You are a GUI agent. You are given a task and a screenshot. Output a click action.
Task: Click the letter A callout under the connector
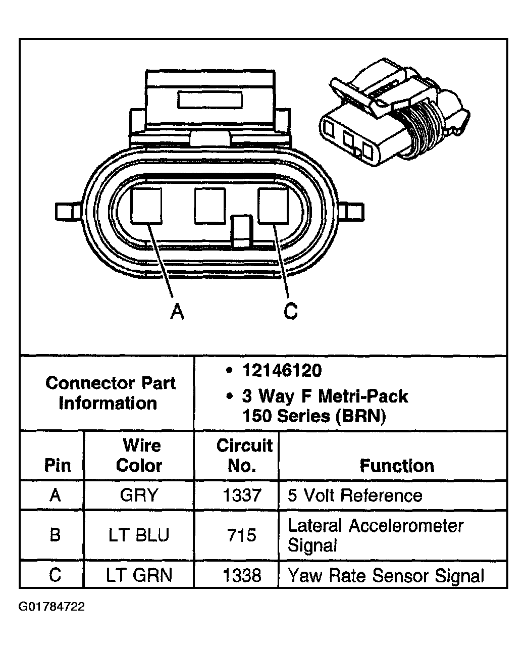point(177,311)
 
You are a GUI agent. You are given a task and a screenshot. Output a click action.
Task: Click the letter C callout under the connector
point(290,311)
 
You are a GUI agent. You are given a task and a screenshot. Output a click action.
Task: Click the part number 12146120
point(281,371)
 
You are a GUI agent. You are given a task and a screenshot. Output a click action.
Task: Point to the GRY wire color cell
point(139,495)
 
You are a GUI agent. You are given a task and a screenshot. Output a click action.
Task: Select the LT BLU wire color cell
point(139,535)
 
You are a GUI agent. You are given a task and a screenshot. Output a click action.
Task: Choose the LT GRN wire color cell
point(139,575)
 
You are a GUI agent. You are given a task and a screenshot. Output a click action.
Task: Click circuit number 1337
point(242,495)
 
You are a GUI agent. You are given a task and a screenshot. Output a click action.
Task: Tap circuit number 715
point(242,535)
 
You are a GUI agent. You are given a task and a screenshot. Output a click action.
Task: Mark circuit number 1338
point(242,575)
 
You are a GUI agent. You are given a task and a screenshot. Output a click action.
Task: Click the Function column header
point(397,465)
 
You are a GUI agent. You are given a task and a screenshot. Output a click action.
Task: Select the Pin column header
point(58,465)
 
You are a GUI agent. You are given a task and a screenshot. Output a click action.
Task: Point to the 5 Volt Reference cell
point(355,495)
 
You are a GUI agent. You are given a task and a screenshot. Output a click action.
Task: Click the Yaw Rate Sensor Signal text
point(386,575)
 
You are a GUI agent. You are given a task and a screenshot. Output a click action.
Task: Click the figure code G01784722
point(52,606)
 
